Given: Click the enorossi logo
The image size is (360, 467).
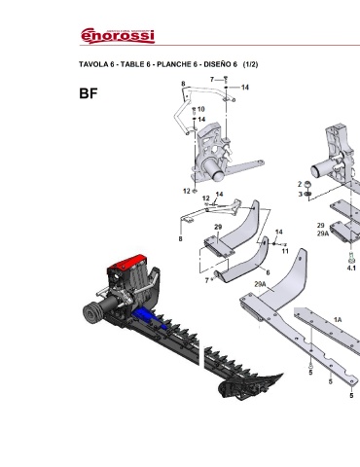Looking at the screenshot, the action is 118,35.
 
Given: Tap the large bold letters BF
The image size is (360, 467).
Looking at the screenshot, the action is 89,93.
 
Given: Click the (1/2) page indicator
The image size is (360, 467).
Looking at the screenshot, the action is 250,64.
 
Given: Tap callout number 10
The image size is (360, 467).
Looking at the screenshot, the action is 200,109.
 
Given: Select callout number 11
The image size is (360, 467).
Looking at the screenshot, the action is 285,251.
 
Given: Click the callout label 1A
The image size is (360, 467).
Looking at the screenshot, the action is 338,320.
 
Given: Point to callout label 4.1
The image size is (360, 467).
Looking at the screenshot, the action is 351,268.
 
